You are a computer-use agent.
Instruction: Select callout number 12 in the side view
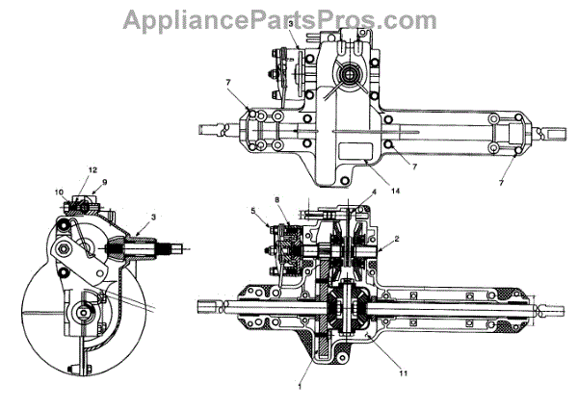93,170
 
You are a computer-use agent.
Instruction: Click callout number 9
105,183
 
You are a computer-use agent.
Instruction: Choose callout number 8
278,200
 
